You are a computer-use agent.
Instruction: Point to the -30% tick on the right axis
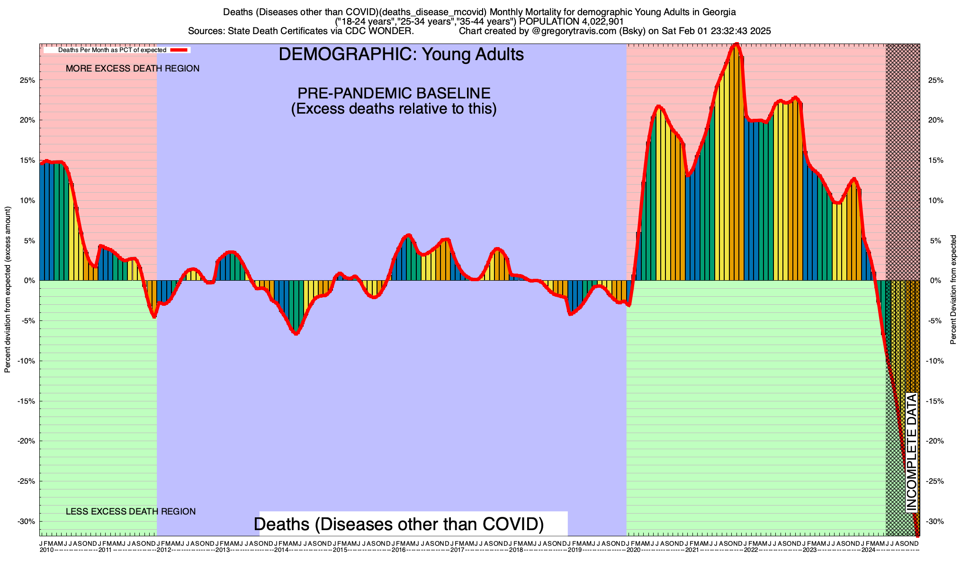pos(935,522)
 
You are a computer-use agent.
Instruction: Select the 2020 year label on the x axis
pos(633,550)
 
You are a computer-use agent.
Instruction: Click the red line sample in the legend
pos(180,50)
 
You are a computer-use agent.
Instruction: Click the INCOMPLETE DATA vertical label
pos(912,453)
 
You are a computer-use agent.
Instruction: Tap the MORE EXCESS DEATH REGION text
pos(133,69)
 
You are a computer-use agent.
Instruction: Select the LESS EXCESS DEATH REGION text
pos(131,512)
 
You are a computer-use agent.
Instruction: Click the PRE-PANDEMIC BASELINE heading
pos(394,93)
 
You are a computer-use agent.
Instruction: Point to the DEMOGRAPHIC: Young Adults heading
pos(401,54)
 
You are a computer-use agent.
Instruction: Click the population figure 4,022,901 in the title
pos(595,21)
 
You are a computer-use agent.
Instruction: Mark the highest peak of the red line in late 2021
pos(736,44)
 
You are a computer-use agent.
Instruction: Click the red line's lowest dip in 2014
pos(296,333)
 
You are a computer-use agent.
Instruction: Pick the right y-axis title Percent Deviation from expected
pos(953,290)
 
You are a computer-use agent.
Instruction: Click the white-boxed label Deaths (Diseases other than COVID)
pos(399,524)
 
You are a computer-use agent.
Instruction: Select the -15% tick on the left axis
pos(27,401)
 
